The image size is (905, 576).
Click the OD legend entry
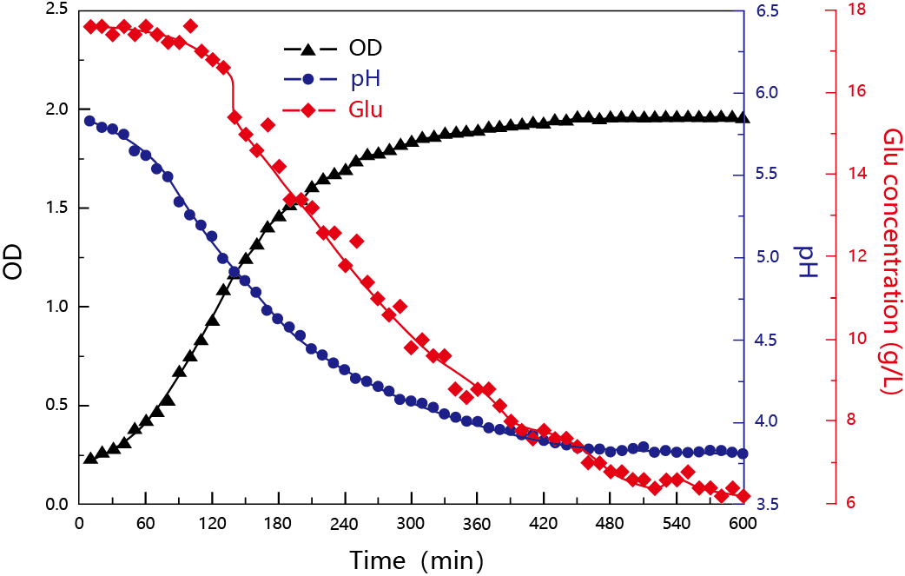tap(334, 47)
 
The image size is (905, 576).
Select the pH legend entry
tap(334, 79)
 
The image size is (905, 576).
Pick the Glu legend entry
tap(334, 110)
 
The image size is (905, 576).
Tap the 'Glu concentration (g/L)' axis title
tap(891, 260)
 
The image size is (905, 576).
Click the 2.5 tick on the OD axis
tap(56, 10)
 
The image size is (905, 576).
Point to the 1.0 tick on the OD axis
tap(56, 307)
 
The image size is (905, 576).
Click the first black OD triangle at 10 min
tap(90, 457)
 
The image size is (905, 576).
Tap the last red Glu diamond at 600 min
tap(743, 496)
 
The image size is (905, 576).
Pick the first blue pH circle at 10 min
tap(90, 121)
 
